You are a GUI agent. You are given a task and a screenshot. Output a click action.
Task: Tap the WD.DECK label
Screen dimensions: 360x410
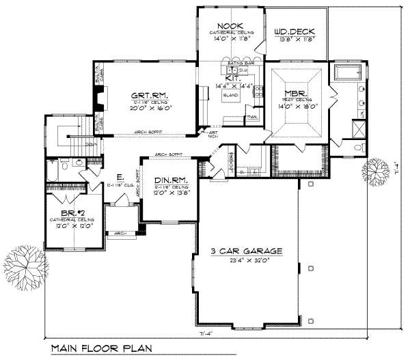tap(290, 31)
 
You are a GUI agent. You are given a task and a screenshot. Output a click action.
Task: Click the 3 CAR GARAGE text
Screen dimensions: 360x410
tap(247, 251)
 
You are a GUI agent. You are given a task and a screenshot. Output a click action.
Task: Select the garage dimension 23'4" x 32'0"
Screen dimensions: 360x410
tap(247, 260)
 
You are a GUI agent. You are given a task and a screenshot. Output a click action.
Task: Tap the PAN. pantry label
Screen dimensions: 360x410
tap(251, 117)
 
